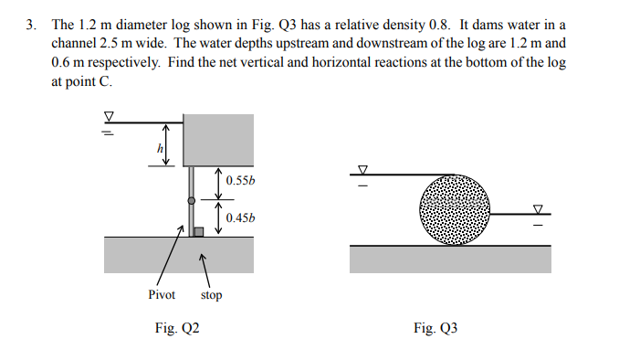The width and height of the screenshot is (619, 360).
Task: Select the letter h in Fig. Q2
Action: [161, 148]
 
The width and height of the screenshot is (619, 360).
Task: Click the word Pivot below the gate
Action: [162, 294]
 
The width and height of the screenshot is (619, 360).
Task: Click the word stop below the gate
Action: [211, 295]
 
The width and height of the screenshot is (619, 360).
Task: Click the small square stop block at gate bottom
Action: [198, 232]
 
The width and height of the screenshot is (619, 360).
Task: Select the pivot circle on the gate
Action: [190, 200]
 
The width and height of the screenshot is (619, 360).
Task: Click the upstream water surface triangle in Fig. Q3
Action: [362, 169]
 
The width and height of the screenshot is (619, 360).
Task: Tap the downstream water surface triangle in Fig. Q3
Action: [539, 208]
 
